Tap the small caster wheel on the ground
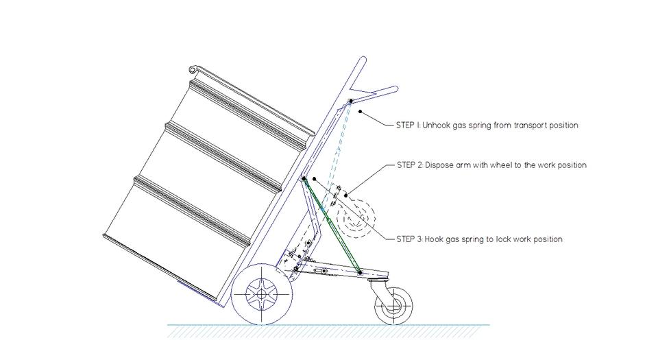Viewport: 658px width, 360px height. point(393,305)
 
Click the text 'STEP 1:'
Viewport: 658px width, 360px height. point(409,125)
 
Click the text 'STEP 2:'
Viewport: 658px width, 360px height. point(410,165)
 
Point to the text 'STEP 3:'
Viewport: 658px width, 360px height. point(410,239)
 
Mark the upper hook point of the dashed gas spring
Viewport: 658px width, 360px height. point(350,101)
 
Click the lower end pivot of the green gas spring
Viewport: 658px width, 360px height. point(360,272)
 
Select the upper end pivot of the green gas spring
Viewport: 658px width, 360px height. point(304,178)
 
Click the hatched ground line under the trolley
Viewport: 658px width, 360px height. point(329,331)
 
